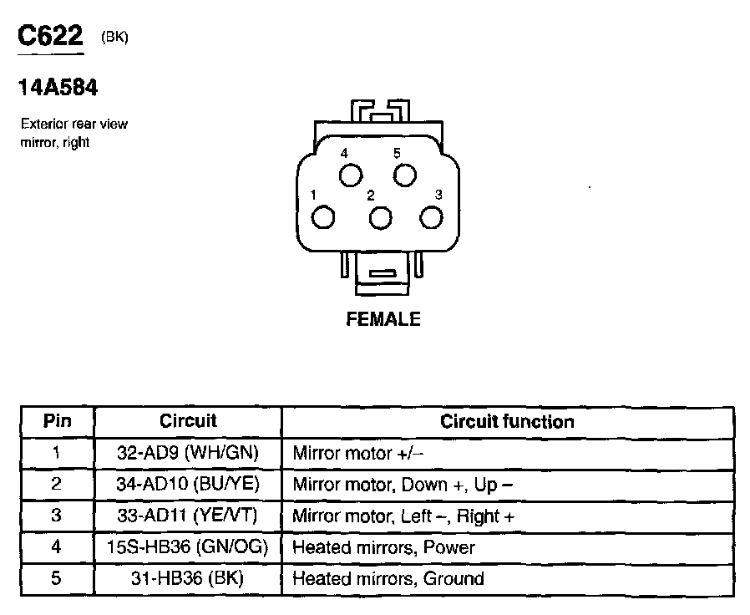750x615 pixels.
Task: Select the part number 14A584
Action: pos(58,88)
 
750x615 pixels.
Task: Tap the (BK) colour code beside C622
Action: pos(114,37)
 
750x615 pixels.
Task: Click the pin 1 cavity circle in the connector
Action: pos(323,217)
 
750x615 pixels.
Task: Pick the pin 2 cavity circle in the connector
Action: pos(380,218)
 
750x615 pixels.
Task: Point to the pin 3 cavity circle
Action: pos(431,217)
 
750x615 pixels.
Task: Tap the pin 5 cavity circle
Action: pos(404,175)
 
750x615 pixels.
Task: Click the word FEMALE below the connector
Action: pos(383,319)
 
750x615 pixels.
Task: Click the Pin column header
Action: pos(57,422)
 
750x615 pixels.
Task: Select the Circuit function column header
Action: pos(507,422)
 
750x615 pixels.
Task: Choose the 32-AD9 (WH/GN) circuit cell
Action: pos(188,454)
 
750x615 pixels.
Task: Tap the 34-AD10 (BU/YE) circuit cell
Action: pos(188,485)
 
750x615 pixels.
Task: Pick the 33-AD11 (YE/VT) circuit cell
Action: pos(188,516)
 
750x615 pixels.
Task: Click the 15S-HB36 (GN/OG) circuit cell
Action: pos(188,548)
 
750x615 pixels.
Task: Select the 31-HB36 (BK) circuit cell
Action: pos(188,579)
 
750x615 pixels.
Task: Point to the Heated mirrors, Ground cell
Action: pos(388,579)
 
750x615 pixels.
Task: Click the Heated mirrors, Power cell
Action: pos(383,548)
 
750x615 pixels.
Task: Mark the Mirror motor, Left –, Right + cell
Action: pos(403,516)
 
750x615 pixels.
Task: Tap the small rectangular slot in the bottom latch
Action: pos(383,273)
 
